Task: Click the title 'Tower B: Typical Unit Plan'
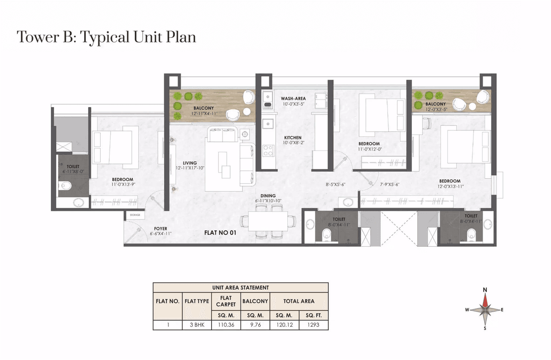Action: pos(106,37)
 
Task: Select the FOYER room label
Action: pos(161,229)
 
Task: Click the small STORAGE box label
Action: pos(135,215)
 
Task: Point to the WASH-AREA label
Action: pos(293,99)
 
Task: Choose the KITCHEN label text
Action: pos(293,138)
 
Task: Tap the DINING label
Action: pos(268,196)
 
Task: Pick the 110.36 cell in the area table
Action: pos(226,325)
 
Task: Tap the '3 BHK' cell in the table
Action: pos(196,325)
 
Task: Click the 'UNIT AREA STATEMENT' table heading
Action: pos(240,287)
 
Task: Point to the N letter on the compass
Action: pos(485,290)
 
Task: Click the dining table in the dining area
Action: pos(268,221)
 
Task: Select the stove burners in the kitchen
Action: pos(267,150)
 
